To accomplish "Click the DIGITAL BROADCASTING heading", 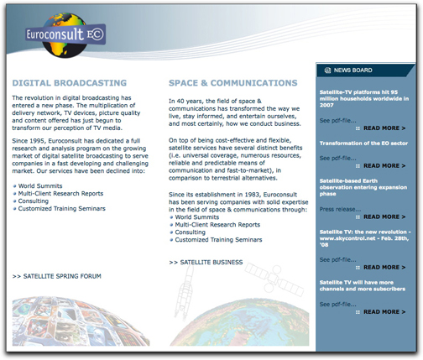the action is point(70,84).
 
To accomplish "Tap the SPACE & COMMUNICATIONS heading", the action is point(232,84).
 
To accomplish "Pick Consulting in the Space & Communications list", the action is point(191,232).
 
